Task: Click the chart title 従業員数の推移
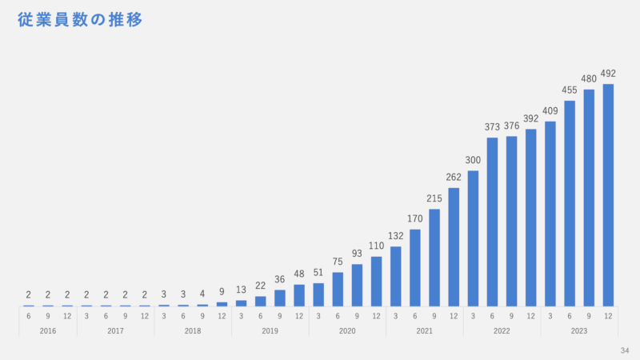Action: click(80, 20)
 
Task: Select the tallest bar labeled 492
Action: click(608, 194)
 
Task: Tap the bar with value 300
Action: click(473, 238)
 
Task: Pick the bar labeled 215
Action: click(434, 257)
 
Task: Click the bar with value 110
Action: click(376, 281)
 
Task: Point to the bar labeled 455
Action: click(570, 202)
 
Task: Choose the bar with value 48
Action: click(299, 295)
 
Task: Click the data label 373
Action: click(493, 126)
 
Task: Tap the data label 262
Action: click(454, 177)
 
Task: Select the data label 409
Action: click(550, 110)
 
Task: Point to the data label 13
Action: click(241, 290)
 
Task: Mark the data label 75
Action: click(338, 261)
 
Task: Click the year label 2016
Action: click(48, 330)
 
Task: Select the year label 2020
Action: click(347, 330)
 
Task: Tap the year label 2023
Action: click(579, 330)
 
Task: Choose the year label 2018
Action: click(193, 330)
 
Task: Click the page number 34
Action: click(625, 350)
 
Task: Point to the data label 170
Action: click(415, 218)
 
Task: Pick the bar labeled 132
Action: click(395, 276)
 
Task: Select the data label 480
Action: click(589, 78)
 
